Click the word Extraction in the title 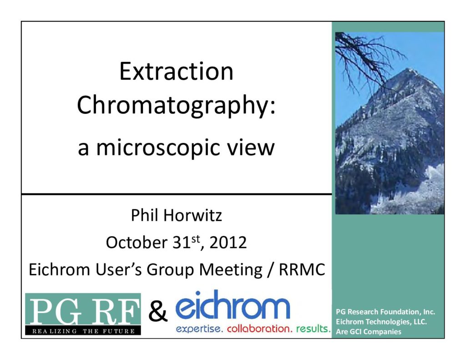point(176,71)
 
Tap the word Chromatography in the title point(173,106)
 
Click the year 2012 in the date point(228,243)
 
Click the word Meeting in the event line point(231,270)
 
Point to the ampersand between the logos point(158,312)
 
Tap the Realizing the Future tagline point(83,331)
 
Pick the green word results point(313,329)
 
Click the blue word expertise point(199,329)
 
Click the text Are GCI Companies point(369,331)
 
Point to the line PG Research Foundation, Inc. point(385,312)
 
